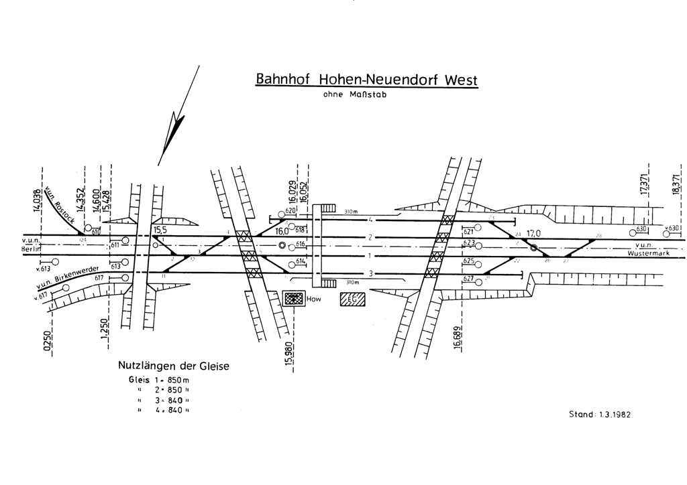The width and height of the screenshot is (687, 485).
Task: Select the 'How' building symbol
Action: pos(293,299)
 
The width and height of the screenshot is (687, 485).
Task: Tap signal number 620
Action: pos(290,211)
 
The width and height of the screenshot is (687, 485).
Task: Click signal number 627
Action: pos(468,278)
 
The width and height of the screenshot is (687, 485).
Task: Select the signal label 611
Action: pos(115,245)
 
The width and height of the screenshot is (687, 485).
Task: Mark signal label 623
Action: pos(468,242)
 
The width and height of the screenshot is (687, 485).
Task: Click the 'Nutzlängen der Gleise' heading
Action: pos(174,366)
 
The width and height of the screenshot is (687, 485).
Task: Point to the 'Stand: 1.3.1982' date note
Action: pos(599,414)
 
